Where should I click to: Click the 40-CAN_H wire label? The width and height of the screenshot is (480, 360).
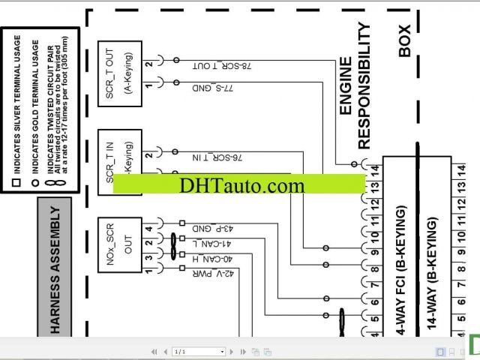point(217,259)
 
